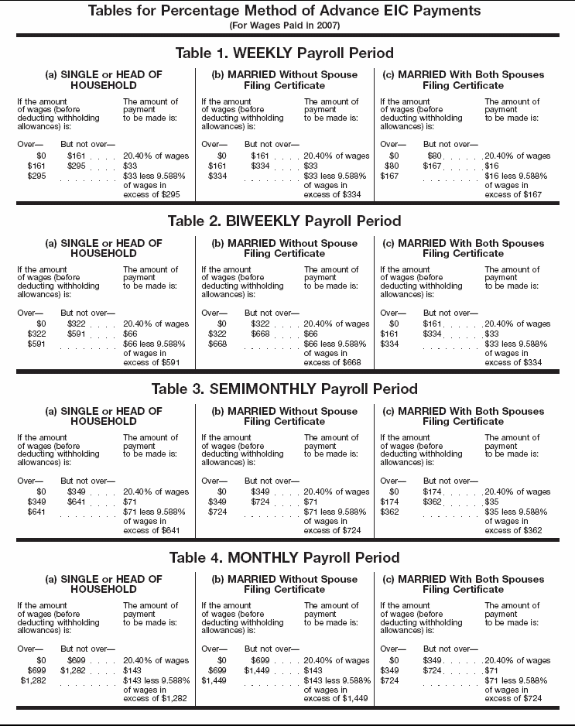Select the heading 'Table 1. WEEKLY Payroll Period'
click(284, 53)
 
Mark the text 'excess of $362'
click(513, 530)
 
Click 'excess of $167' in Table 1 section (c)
click(513, 194)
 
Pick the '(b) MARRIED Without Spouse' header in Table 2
click(285, 243)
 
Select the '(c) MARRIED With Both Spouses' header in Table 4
click(464, 579)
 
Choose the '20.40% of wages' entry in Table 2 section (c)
click(518, 324)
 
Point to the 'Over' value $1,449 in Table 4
click(214, 680)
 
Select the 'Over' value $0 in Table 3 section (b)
click(222, 491)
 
